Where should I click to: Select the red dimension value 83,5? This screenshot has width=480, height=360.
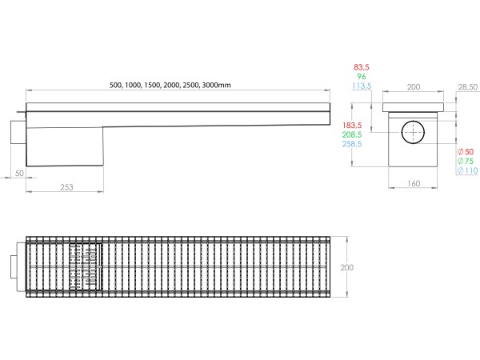click(362, 67)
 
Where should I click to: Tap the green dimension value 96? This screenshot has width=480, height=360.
click(362, 77)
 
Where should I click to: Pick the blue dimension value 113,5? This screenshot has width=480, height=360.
click(362, 86)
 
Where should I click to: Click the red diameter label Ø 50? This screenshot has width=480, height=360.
click(465, 151)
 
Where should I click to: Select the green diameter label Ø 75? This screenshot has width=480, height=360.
click(465, 161)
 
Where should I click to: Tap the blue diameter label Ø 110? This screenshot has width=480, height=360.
click(466, 170)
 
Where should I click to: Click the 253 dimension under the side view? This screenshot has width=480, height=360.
click(66, 186)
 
